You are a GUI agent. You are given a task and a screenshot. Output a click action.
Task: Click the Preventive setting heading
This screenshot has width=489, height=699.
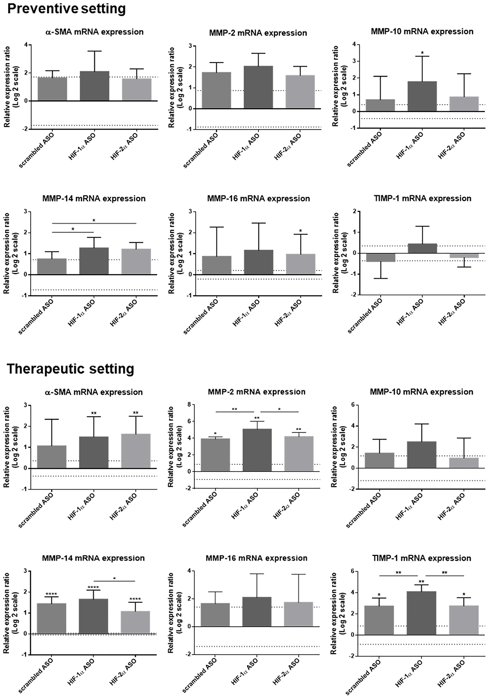[66, 9]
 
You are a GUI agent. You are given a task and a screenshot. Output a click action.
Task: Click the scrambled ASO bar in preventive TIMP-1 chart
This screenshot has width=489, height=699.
[380, 258]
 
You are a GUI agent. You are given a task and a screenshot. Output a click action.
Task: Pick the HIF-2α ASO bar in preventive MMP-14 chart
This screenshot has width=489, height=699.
[136, 262]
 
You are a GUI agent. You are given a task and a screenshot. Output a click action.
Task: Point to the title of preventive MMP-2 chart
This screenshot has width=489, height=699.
[258, 33]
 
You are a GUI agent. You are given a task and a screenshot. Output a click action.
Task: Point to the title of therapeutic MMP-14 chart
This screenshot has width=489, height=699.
[93, 558]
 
